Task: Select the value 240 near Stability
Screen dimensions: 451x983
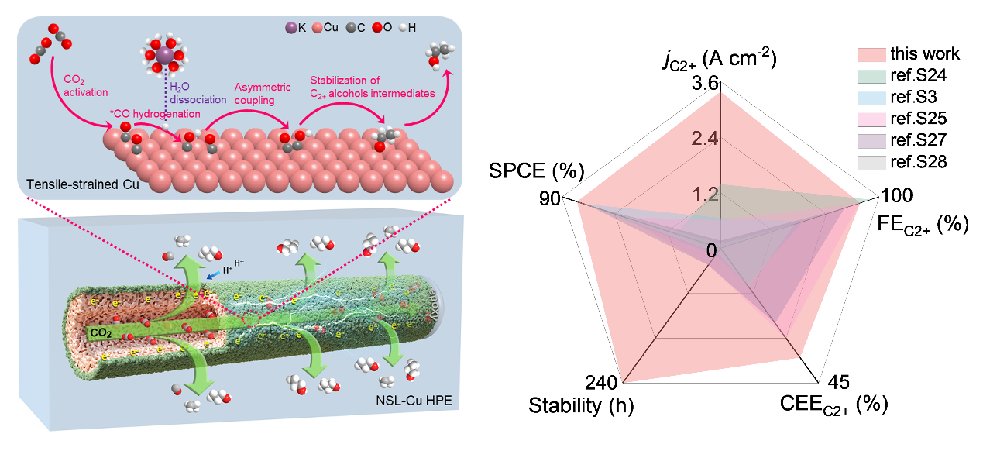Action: [602, 383]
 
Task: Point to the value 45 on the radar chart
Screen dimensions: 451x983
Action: [840, 383]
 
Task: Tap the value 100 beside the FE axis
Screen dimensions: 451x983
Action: [897, 195]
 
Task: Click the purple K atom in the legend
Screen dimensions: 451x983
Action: [291, 29]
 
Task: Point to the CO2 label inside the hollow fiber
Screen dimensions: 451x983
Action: [100, 332]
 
